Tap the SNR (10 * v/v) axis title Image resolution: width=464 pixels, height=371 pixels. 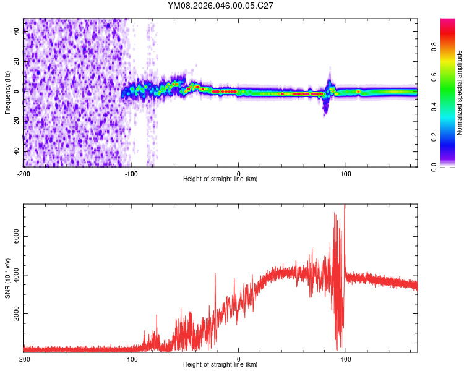7,279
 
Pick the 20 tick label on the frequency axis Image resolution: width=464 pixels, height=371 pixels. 17,61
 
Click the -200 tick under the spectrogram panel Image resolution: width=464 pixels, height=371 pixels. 24,173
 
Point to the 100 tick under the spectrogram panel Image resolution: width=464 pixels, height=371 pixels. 346,173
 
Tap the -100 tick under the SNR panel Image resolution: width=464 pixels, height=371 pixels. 131,359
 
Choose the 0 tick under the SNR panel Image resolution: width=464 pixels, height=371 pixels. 239,359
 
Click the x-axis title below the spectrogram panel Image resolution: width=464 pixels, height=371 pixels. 220,179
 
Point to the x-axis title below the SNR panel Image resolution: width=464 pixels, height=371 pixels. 220,365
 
